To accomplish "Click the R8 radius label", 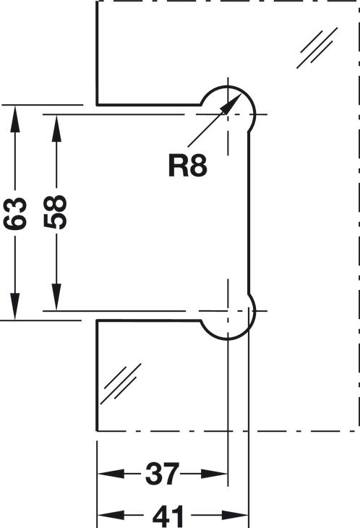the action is click(187, 166).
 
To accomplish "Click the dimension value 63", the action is click(14, 213).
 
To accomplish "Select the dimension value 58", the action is click(56, 212).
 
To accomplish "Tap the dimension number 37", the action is click(162, 474).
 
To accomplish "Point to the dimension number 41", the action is click(168, 516).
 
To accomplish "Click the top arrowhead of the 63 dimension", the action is click(14, 119).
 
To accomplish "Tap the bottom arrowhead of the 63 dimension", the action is click(14, 306).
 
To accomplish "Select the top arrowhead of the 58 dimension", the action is click(56, 128).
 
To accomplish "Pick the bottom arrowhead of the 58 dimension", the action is click(56, 297).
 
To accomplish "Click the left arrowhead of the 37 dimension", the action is click(111, 474).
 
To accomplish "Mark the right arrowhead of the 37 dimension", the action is click(214, 474).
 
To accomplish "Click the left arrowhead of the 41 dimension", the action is click(111, 515).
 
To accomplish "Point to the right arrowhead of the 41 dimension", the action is click(235, 515).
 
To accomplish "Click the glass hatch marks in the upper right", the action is click(317, 48).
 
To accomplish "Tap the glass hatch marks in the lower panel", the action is click(121, 383).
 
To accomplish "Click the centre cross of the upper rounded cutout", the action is click(228, 114).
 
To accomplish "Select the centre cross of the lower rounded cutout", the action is click(228, 310).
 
